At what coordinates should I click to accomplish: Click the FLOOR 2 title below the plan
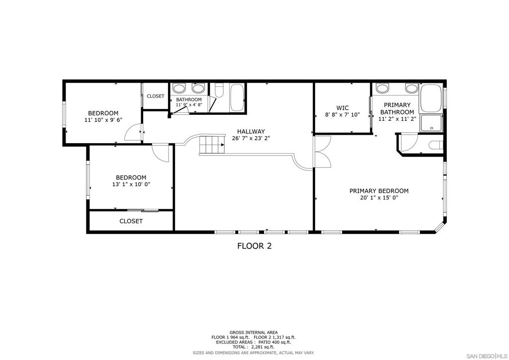(x=254, y=246)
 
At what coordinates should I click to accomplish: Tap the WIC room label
(x=342, y=108)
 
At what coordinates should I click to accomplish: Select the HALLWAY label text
(x=251, y=131)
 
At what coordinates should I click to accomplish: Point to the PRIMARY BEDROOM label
(x=379, y=191)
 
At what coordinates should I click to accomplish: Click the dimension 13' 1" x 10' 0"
(x=131, y=184)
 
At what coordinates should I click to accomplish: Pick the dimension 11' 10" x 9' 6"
(x=103, y=120)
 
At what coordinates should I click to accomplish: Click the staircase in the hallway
(x=212, y=145)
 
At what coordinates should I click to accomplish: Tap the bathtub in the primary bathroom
(x=431, y=98)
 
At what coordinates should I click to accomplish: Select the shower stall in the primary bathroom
(x=431, y=123)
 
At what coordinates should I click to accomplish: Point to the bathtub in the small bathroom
(x=237, y=98)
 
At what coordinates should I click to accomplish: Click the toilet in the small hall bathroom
(x=219, y=90)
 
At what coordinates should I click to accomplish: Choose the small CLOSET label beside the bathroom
(x=156, y=96)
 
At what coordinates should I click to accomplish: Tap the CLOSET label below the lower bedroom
(x=131, y=221)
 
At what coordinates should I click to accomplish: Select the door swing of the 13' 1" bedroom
(x=161, y=153)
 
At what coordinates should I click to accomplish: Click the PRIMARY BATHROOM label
(x=397, y=108)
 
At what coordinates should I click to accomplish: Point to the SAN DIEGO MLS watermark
(x=486, y=356)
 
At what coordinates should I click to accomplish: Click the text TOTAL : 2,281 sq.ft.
(x=253, y=347)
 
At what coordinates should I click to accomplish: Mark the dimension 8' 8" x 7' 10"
(x=342, y=114)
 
